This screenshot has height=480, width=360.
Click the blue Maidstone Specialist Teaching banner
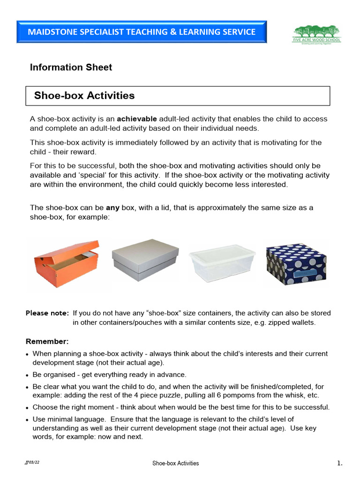pos(141,32)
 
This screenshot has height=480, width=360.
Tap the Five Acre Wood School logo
pos(317,34)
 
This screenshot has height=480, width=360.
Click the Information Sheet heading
pos(71,67)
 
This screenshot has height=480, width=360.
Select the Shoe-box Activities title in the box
pos(84,96)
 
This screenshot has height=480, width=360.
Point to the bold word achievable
pos(136,119)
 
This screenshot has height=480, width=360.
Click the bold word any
pos(112,208)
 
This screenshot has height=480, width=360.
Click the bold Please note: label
pos(47,313)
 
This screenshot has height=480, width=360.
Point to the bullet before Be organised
pos(28,375)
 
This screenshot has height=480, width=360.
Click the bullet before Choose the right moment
pos(28,408)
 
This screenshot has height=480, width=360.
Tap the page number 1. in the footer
pos(340,464)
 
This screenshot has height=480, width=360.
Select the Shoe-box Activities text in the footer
pos(175,464)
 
